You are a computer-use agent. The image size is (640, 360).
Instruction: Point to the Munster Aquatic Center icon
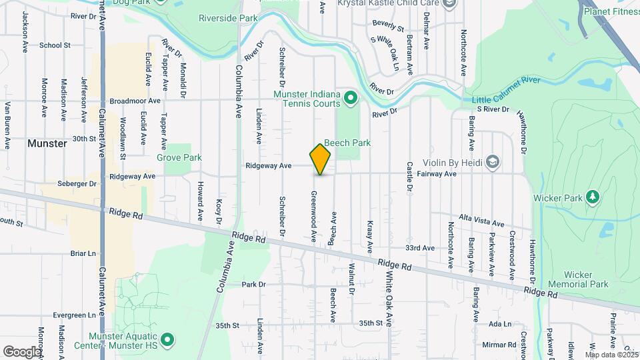(168, 339)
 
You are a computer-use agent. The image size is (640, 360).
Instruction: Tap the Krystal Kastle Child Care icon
(449, 3)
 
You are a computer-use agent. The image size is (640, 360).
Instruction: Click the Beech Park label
(347, 143)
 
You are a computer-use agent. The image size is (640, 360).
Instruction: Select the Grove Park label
(179, 158)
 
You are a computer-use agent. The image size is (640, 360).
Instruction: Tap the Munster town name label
(47, 143)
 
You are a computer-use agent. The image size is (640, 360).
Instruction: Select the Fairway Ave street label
(436, 174)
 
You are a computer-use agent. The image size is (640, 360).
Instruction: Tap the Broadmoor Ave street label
(136, 101)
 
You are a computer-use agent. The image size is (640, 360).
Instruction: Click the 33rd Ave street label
(421, 247)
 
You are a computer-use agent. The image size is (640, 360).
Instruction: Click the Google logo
(22, 351)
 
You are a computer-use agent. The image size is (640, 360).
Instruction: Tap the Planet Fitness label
(611, 11)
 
